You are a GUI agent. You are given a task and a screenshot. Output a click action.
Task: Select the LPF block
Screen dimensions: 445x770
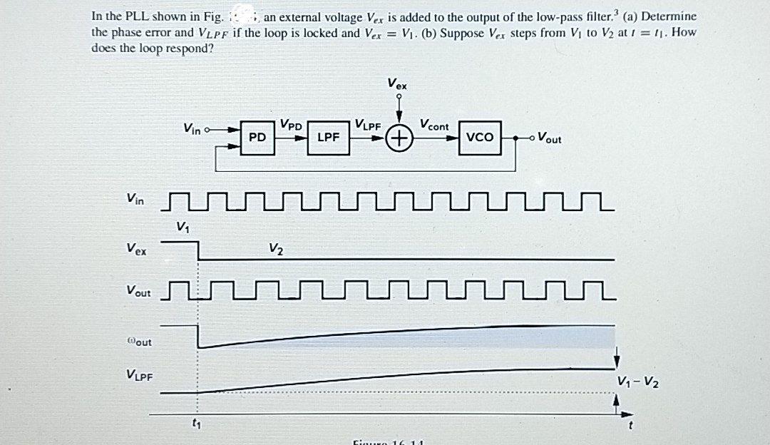click(328, 138)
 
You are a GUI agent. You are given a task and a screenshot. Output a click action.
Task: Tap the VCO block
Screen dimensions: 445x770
click(479, 137)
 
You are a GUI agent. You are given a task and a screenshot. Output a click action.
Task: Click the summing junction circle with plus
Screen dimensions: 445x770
click(401, 138)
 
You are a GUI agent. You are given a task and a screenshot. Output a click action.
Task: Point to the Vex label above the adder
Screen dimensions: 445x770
click(398, 84)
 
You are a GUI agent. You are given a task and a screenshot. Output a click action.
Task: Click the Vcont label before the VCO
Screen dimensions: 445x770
click(434, 126)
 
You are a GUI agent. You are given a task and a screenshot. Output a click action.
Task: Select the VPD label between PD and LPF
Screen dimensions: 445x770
click(292, 124)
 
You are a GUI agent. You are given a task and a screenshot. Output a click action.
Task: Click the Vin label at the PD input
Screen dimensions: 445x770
click(192, 129)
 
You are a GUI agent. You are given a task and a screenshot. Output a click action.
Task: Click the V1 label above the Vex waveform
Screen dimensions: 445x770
click(183, 227)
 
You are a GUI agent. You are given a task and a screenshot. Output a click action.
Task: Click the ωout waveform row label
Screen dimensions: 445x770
click(138, 342)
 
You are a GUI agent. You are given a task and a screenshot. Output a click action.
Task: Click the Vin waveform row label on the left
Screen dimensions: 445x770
click(135, 201)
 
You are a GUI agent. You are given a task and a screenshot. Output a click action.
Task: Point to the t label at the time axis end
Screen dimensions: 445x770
click(630, 426)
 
